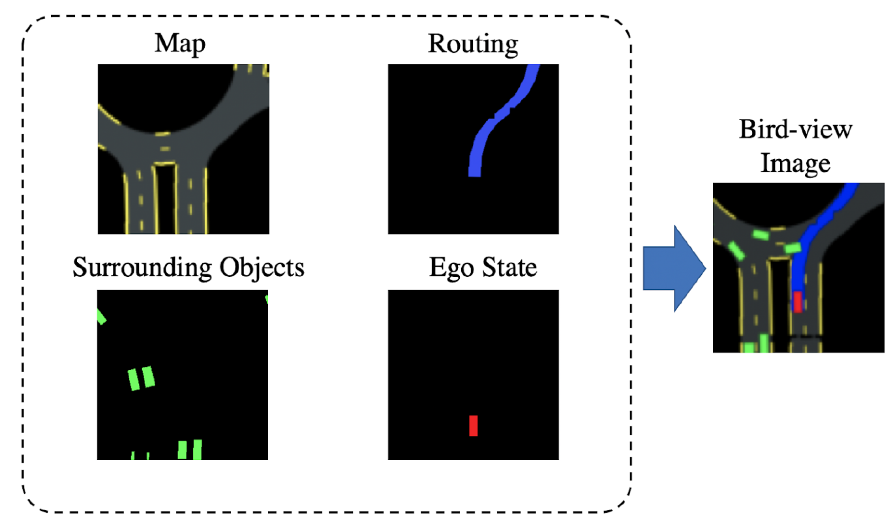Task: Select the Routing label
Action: [473, 44]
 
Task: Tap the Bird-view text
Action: [795, 128]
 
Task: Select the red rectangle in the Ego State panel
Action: [474, 425]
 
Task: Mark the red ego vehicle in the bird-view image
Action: [797, 302]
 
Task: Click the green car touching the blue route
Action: [792, 248]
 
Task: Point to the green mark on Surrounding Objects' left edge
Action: [101, 317]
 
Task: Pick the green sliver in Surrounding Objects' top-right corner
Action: [267, 299]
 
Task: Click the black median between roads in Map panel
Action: [165, 199]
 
